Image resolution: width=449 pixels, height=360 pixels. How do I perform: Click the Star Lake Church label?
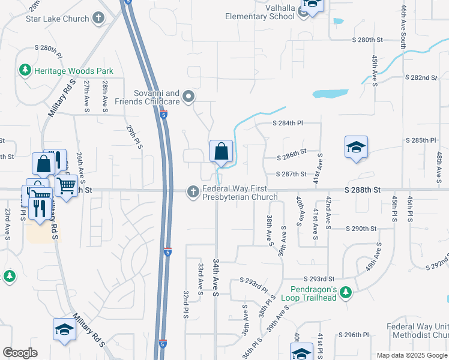[x=57, y=19]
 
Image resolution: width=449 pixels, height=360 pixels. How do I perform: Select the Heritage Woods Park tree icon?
[x=25, y=71]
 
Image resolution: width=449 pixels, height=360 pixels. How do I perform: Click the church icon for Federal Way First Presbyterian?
[x=193, y=192]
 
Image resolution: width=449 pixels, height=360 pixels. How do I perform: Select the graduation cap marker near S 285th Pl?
[x=356, y=146]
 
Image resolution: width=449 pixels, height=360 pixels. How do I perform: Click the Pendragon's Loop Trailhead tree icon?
[x=345, y=293]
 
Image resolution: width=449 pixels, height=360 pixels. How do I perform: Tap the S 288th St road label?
[x=363, y=189]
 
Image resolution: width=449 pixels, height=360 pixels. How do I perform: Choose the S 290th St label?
[x=361, y=229]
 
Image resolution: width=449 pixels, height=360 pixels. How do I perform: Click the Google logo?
[x=20, y=353]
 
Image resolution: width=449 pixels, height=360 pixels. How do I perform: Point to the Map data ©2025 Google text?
[x=411, y=355]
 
